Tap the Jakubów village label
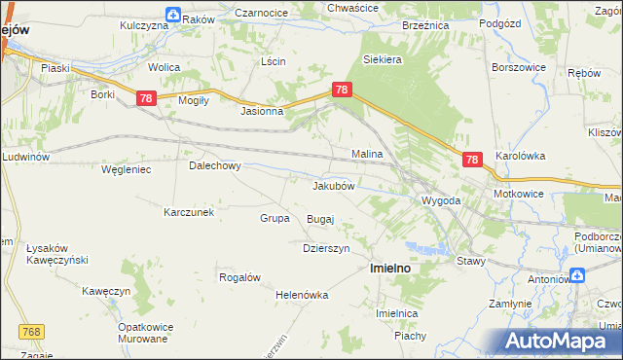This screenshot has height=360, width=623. [x=339, y=185]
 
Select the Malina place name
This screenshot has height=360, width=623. [x=367, y=154]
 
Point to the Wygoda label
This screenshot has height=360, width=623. [x=440, y=200]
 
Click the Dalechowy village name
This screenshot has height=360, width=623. [x=214, y=165]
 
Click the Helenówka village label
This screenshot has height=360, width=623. [x=303, y=294]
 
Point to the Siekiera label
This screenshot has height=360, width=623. [x=383, y=59]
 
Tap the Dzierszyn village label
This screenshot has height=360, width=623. [x=326, y=247]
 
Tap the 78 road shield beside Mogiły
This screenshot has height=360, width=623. [x=146, y=98]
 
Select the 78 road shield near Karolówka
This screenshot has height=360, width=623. [x=472, y=161]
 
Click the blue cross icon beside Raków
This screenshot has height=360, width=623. [x=172, y=15]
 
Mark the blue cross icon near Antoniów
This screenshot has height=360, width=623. [x=578, y=276]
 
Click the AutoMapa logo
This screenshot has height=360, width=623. [x=560, y=342]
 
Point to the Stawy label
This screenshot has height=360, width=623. [x=470, y=261]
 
